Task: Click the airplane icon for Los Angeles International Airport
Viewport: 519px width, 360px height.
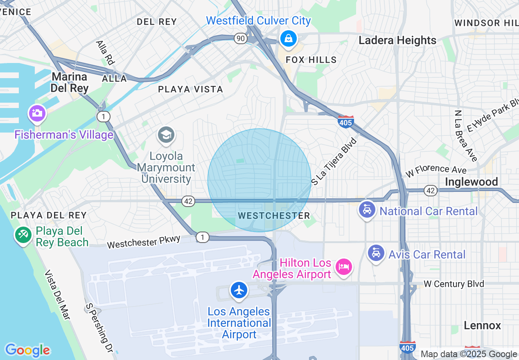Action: [239, 290]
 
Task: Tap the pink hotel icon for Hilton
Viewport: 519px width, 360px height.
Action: [344, 267]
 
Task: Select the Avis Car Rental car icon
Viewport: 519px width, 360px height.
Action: [376, 252]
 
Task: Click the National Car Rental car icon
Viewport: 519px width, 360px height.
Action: [367, 210]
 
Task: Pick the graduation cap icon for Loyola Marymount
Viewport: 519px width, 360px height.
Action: [166, 135]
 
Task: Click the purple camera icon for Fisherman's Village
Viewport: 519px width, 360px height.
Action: [37, 113]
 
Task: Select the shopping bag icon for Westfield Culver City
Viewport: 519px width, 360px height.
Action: [289, 38]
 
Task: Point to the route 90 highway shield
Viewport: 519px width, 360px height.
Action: [241, 38]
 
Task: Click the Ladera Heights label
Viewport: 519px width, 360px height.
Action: [397, 40]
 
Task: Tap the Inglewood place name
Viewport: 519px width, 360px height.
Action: [471, 182]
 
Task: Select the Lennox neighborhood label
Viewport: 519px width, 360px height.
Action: [482, 326]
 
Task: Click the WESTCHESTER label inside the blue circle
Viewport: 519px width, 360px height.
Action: [274, 216]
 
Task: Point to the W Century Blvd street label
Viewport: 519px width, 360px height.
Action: [454, 284]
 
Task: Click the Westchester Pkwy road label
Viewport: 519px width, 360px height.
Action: [144, 242]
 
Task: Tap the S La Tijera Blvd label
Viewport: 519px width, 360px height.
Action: [334, 162]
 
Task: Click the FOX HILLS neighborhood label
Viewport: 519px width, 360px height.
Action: [311, 60]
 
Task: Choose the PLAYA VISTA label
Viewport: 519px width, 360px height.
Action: [191, 89]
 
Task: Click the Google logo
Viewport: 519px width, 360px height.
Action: [27, 351]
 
